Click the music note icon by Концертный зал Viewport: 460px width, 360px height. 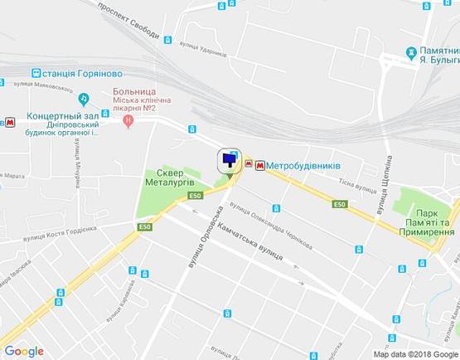coord(84,98)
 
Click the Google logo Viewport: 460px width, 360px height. coord(24,351)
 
